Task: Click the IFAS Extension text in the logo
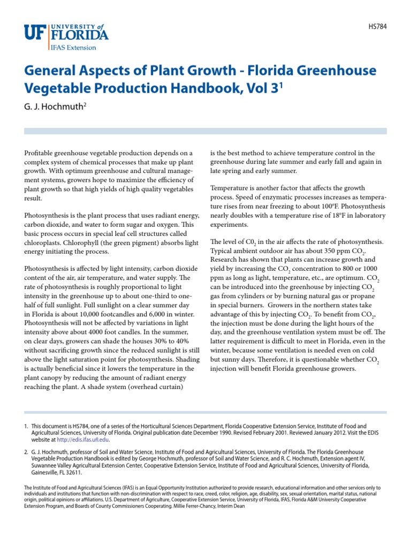pyautogui.click(x=73, y=47)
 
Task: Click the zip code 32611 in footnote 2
pyautogui.click(x=74, y=473)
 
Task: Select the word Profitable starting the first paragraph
pyautogui.click(x=41, y=153)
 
